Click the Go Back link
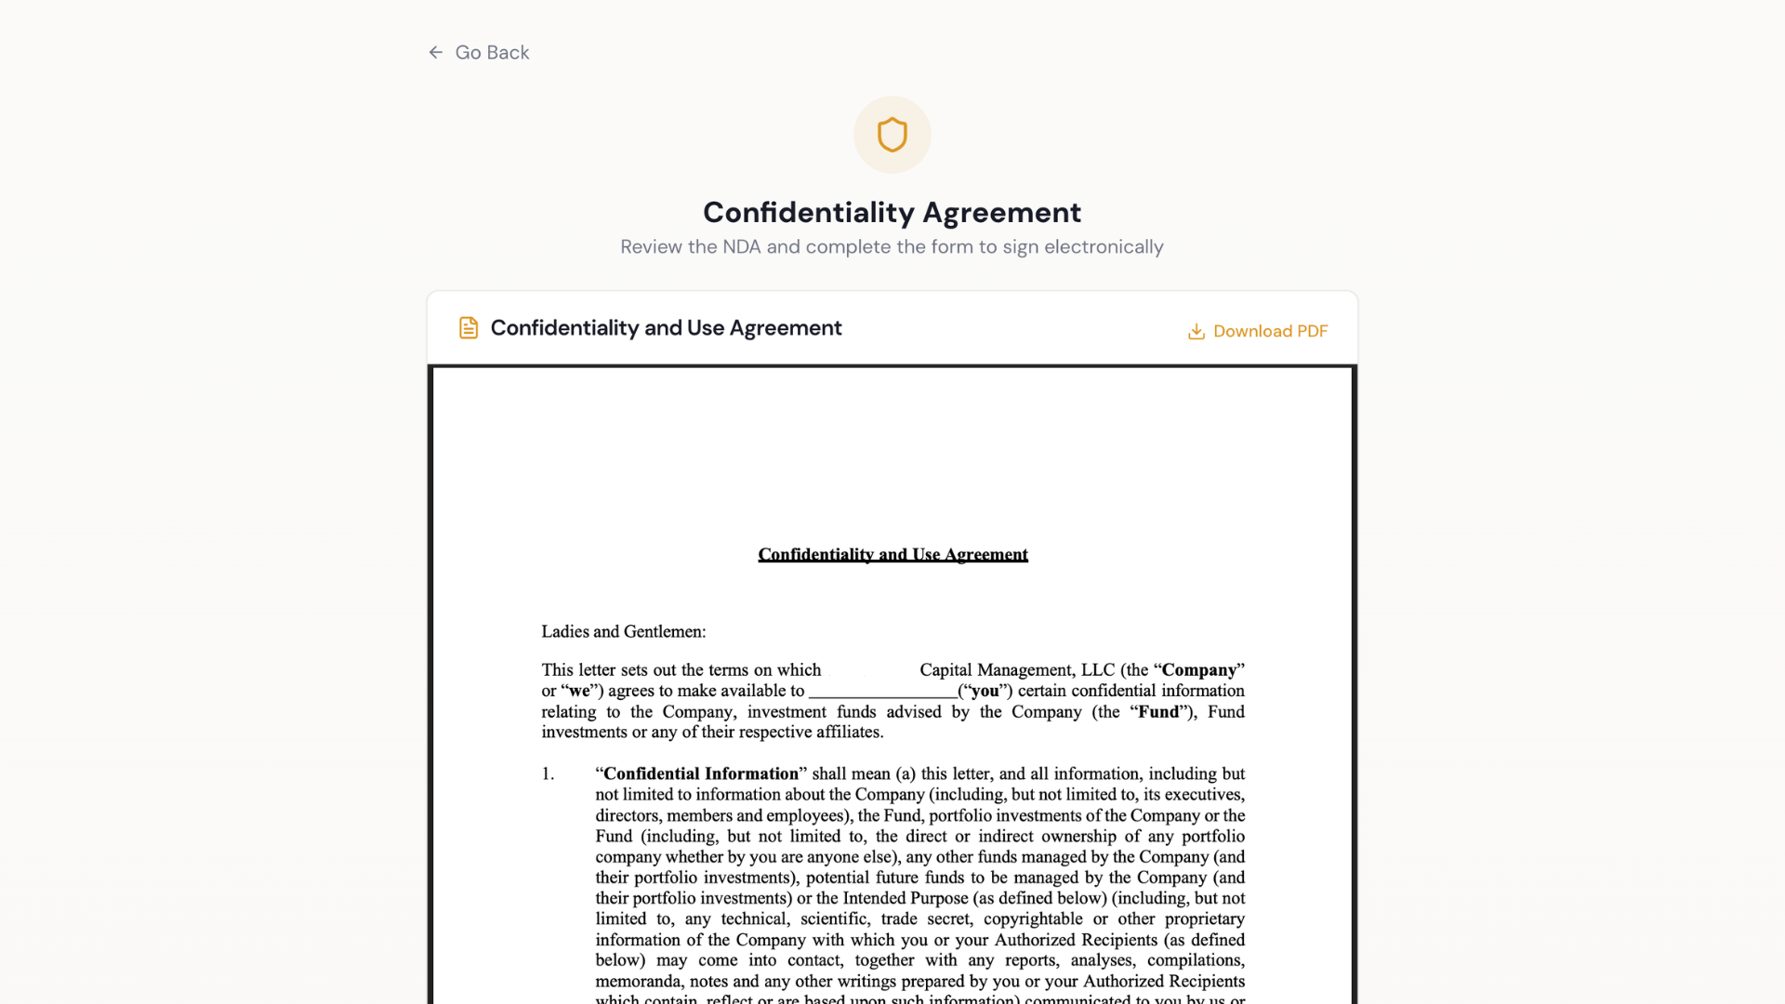click(x=491, y=53)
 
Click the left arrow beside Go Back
click(x=435, y=53)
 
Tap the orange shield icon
click(x=892, y=135)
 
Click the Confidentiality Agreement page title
click(x=892, y=213)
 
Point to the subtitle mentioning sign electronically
click(x=892, y=247)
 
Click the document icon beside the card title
click(x=469, y=328)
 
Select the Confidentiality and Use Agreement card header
click(x=666, y=328)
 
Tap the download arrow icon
click(x=1197, y=332)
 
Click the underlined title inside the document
click(x=892, y=555)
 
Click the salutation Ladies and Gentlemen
click(x=623, y=632)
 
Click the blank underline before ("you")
click(x=882, y=693)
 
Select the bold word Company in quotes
click(x=1198, y=670)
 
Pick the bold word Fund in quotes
click(x=1158, y=712)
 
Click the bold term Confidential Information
click(x=700, y=774)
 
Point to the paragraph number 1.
click(x=548, y=774)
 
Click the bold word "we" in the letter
click(x=579, y=692)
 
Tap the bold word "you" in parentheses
click(x=985, y=692)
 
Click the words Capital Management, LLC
click(x=1016, y=670)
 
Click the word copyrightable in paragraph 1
click(x=1032, y=919)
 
